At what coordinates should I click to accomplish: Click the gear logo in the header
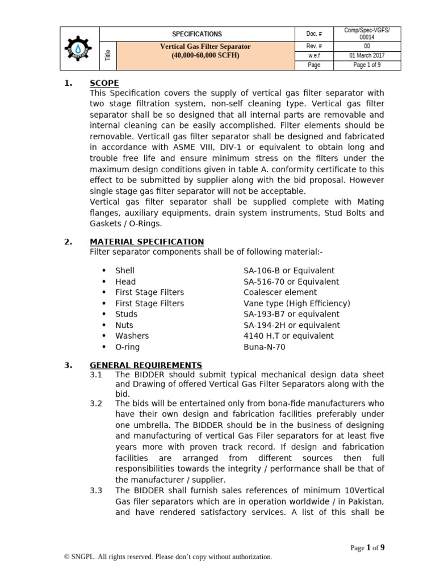point(80,48)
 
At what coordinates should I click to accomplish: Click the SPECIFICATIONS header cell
point(197,34)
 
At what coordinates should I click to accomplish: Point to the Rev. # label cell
point(315,45)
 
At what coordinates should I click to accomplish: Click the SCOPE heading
point(104,83)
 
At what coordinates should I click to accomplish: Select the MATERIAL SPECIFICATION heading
point(146,242)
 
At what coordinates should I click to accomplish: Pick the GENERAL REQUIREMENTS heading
point(145,365)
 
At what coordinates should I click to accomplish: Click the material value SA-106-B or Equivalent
point(289,271)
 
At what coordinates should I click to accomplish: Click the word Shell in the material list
point(125,271)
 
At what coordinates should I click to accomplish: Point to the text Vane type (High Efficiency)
point(297,304)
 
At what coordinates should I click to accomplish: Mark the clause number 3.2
point(96,403)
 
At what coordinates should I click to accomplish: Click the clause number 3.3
point(96,490)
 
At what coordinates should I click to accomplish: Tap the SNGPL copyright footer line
point(168,557)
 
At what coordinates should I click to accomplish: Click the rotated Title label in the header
point(108,55)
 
